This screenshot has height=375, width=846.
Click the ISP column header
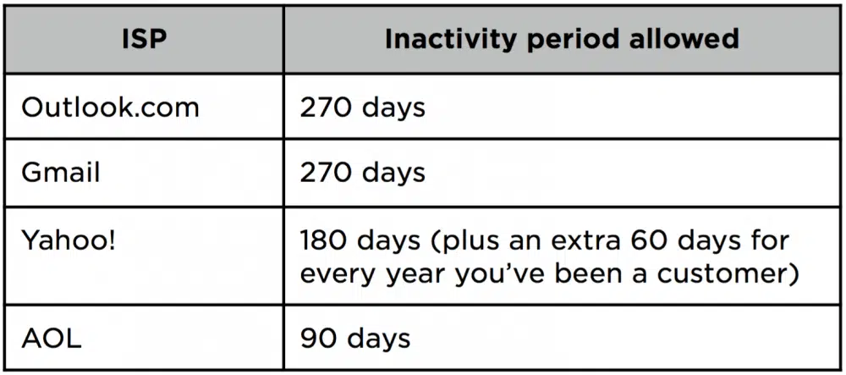[144, 40]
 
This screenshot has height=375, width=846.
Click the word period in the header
[573, 41]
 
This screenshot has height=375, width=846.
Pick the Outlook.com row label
[110, 108]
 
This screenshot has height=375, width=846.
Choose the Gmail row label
[60, 173]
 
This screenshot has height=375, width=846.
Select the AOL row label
[52, 338]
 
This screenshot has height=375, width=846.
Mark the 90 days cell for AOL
[354, 339]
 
